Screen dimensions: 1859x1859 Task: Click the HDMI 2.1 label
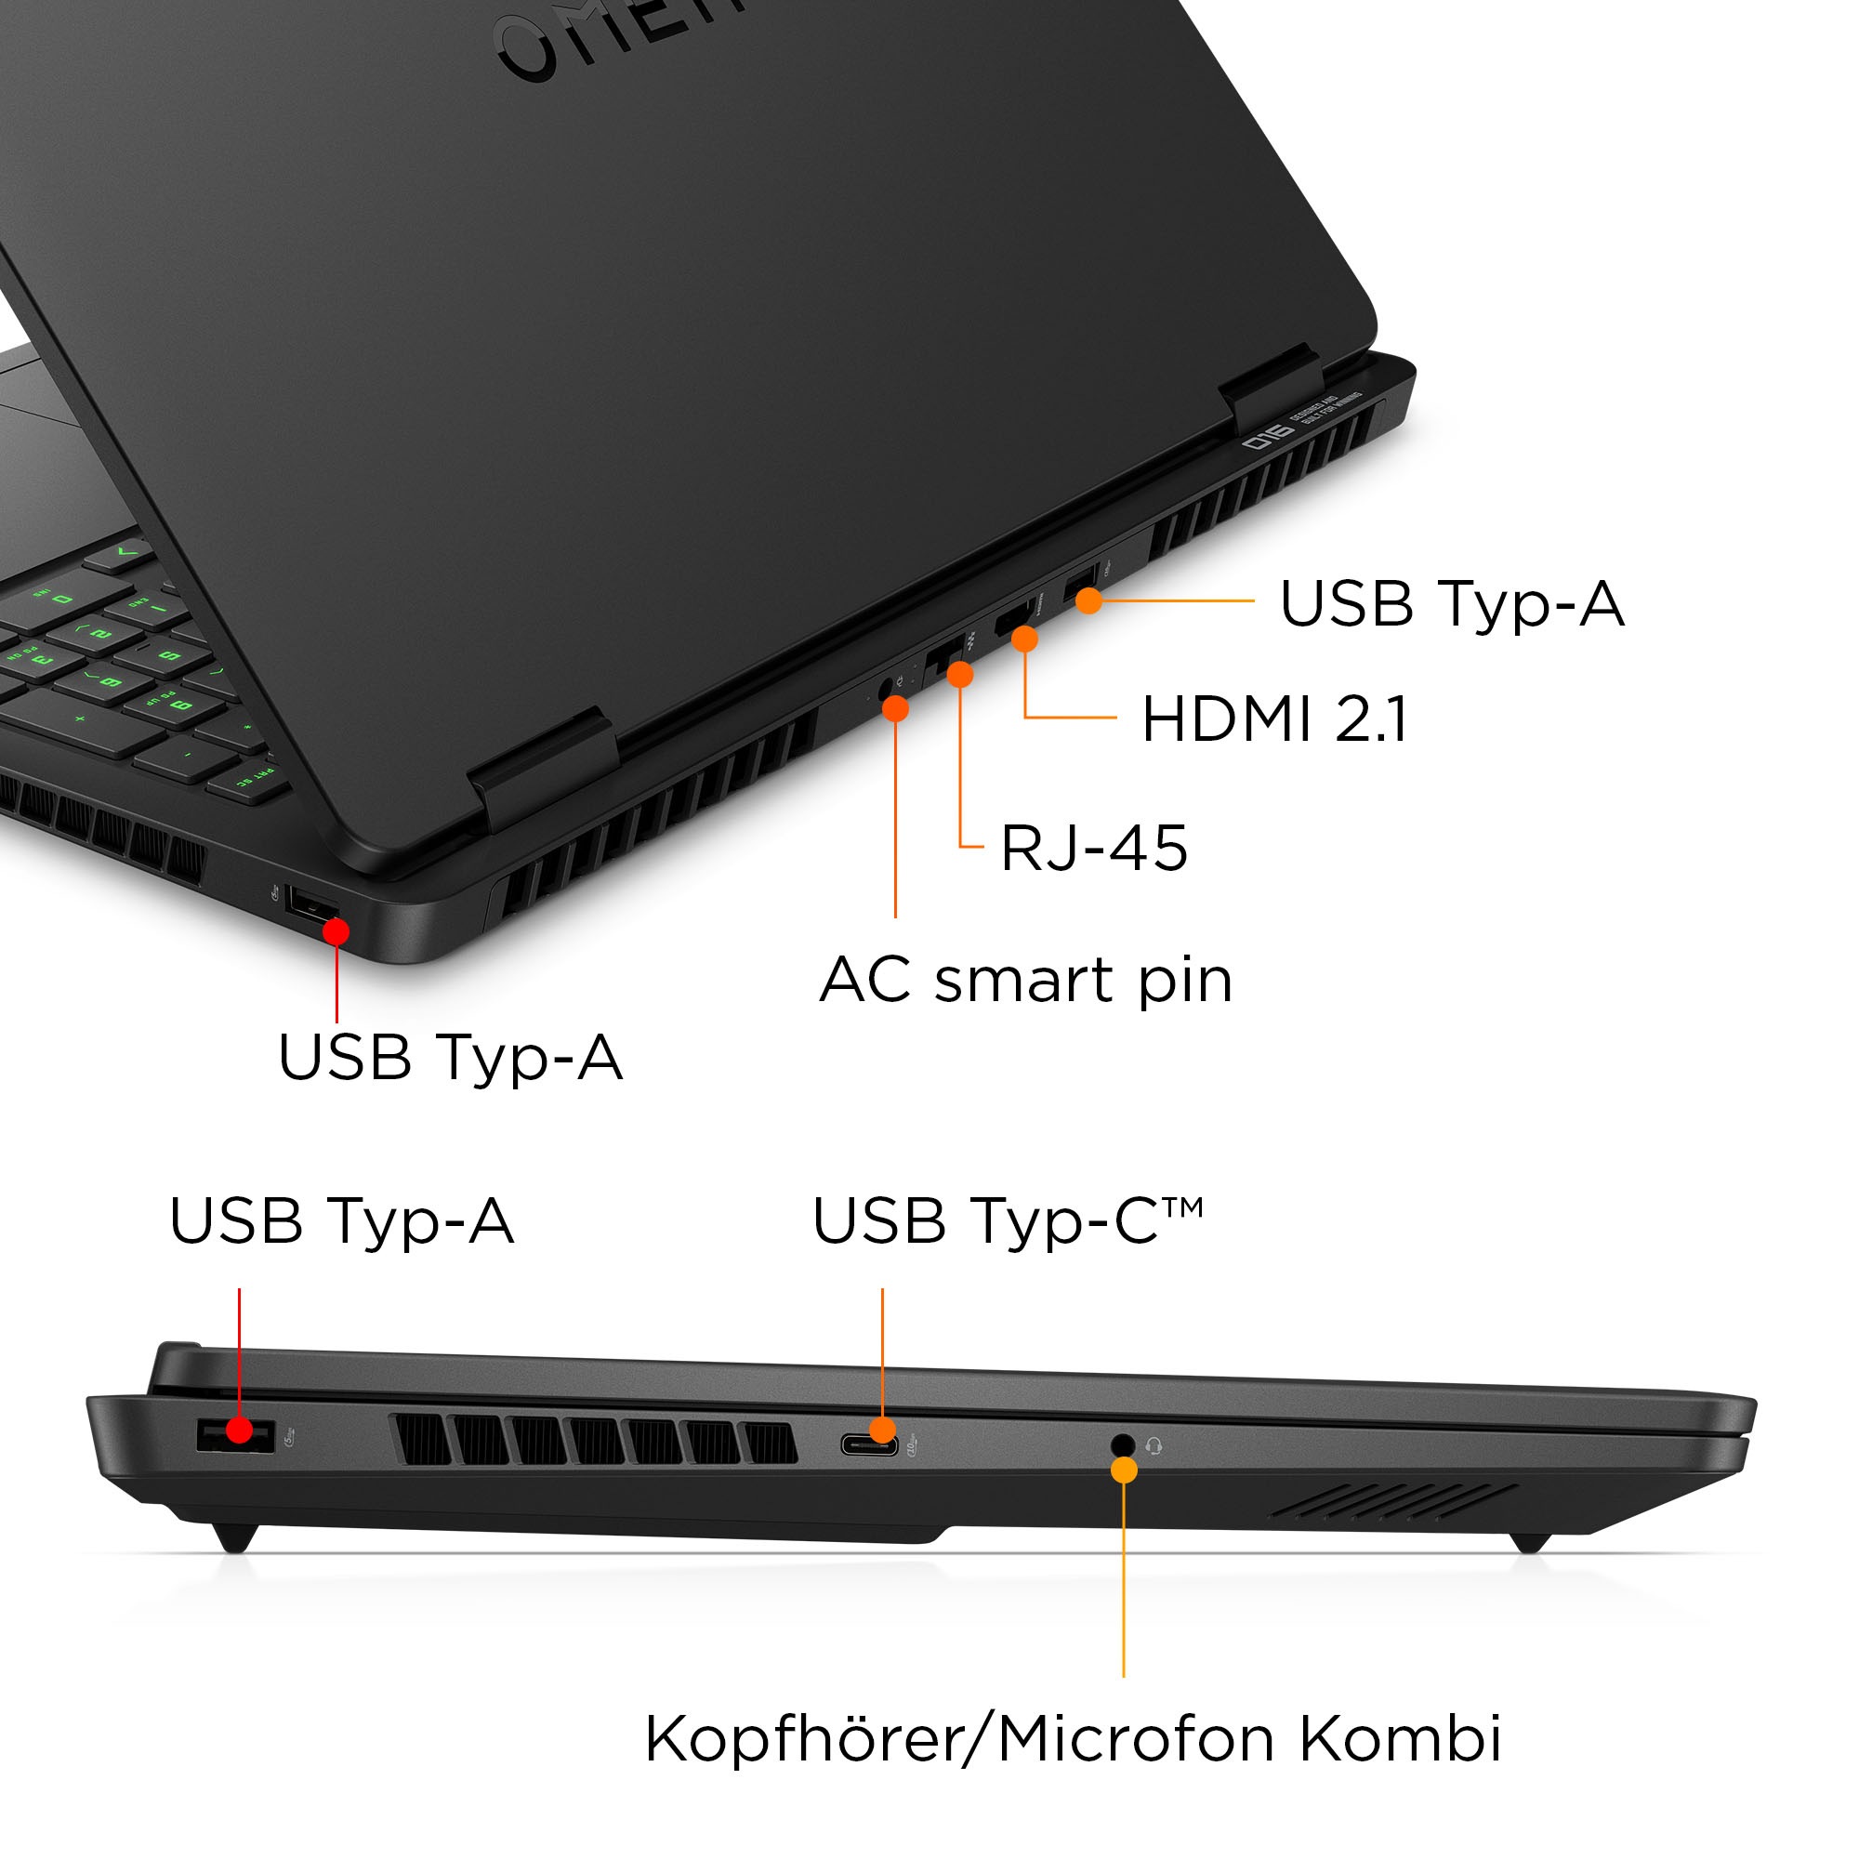pos(1273,719)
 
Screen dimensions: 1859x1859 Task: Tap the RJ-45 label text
pos(1094,848)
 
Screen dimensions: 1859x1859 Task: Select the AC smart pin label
pos(1026,980)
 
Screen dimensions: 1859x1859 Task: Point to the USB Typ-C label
pos(1008,1221)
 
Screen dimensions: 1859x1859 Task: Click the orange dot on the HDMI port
pos(1024,638)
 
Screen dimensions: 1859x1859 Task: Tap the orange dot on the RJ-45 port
pos(959,675)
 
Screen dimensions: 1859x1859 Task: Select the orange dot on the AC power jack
pos(895,709)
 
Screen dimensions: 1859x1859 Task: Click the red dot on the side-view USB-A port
pos(240,1431)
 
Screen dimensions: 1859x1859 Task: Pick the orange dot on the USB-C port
pos(882,1430)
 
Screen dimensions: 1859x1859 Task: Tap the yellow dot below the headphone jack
pos(1124,1470)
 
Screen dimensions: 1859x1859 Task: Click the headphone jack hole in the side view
pos(1122,1444)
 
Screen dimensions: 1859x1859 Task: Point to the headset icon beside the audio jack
pos(1154,1445)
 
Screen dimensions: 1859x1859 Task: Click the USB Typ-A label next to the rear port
pos(1451,603)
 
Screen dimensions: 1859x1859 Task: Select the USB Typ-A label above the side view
pos(341,1221)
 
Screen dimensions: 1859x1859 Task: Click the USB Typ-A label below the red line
pos(450,1057)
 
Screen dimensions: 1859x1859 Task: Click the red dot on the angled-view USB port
pos(336,930)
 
